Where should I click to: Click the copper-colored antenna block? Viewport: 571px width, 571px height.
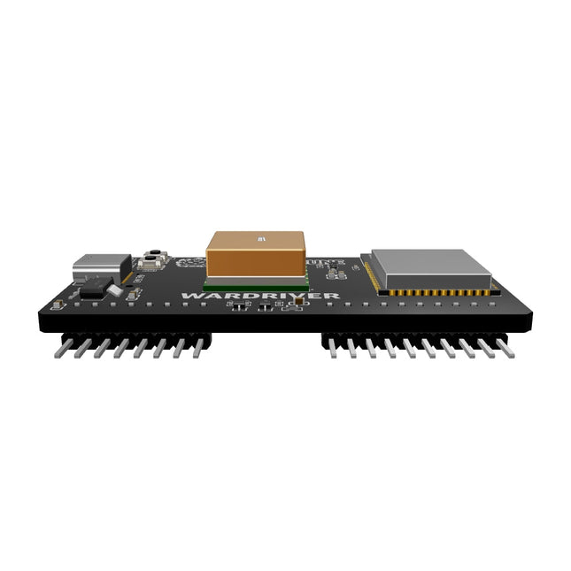point(256,257)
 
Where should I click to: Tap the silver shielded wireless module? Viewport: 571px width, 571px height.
point(429,270)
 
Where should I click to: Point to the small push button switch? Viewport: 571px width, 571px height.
point(151,259)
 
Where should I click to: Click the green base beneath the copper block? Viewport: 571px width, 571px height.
point(256,286)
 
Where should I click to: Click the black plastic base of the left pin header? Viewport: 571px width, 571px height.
point(133,337)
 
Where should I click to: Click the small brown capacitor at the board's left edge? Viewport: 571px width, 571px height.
point(56,305)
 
